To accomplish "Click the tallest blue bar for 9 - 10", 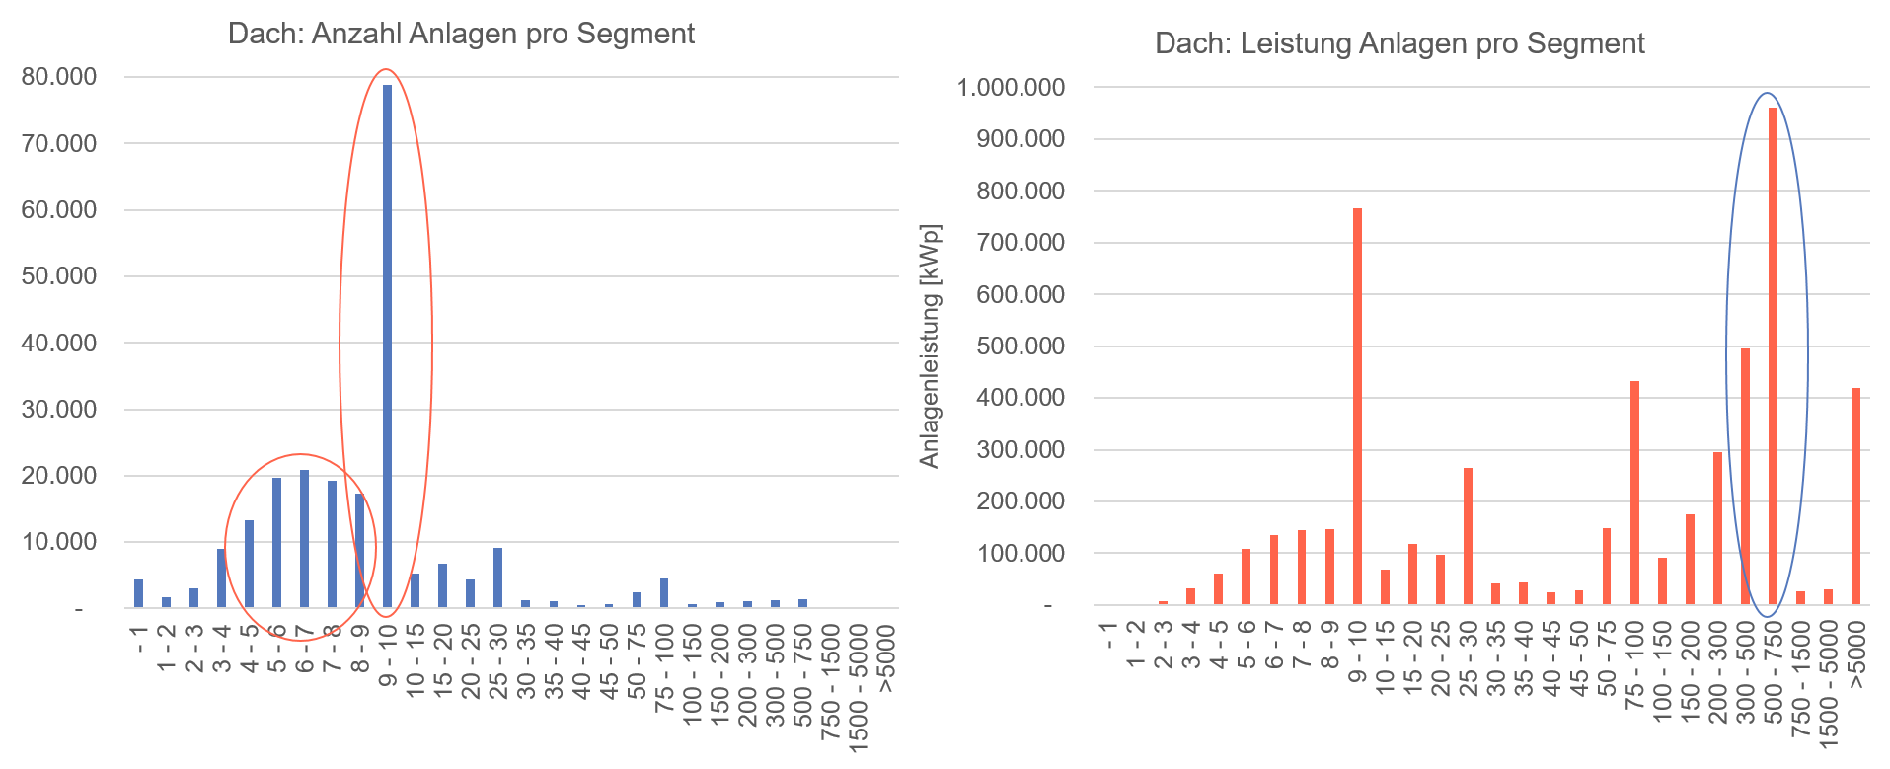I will pyautogui.click(x=387, y=346).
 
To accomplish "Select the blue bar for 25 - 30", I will pyautogui.click(x=497, y=578).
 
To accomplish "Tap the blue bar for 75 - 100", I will pyautogui.click(x=664, y=593).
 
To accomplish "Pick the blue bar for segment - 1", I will pyautogui.click(x=138, y=594).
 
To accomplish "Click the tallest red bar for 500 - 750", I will pyautogui.click(x=1773, y=355).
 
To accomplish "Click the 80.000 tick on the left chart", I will pyautogui.click(x=59, y=77).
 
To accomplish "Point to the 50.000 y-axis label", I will pyautogui.click(x=59, y=276).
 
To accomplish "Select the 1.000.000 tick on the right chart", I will pyautogui.click(x=1011, y=88).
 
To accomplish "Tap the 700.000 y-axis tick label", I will pyautogui.click(x=1021, y=243).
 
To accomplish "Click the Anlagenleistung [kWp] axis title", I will pyautogui.click(x=930, y=346).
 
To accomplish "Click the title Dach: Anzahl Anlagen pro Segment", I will pyautogui.click(x=461, y=34).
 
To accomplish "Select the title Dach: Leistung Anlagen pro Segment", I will pyautogui.click(x=1399, y=44).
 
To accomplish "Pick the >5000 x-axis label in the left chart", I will pyautogui.click(x=886, y=659).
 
